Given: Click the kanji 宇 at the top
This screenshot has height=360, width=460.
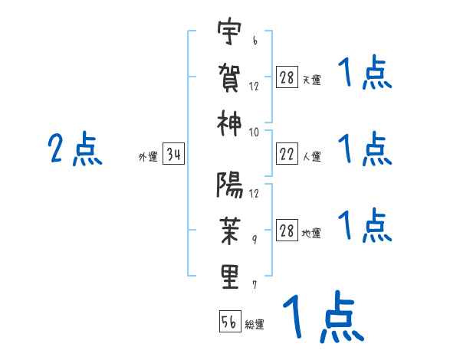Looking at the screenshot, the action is (230, 34).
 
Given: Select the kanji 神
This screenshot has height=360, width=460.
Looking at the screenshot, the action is (230, 123).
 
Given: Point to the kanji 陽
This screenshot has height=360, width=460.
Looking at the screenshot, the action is (230, 184).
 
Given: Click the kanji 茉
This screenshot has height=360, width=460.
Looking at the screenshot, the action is (230, 230).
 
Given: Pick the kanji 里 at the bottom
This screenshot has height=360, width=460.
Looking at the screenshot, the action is (230, 277).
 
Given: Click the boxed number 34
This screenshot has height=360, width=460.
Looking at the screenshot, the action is (174, 156).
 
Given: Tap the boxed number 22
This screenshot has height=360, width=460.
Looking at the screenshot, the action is (286, 155).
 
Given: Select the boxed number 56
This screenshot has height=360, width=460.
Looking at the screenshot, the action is (229, 322).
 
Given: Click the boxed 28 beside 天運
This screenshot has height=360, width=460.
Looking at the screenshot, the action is (286, 78).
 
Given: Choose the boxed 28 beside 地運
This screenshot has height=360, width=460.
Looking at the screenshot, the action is (286, 231).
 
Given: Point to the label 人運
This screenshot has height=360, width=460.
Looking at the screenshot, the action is (312, 157).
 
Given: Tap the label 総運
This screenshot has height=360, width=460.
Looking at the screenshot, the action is (255, 325).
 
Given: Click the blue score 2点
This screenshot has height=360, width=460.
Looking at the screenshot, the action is (74, 149).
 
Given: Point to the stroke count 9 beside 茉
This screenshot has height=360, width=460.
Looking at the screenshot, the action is (255, 240).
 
